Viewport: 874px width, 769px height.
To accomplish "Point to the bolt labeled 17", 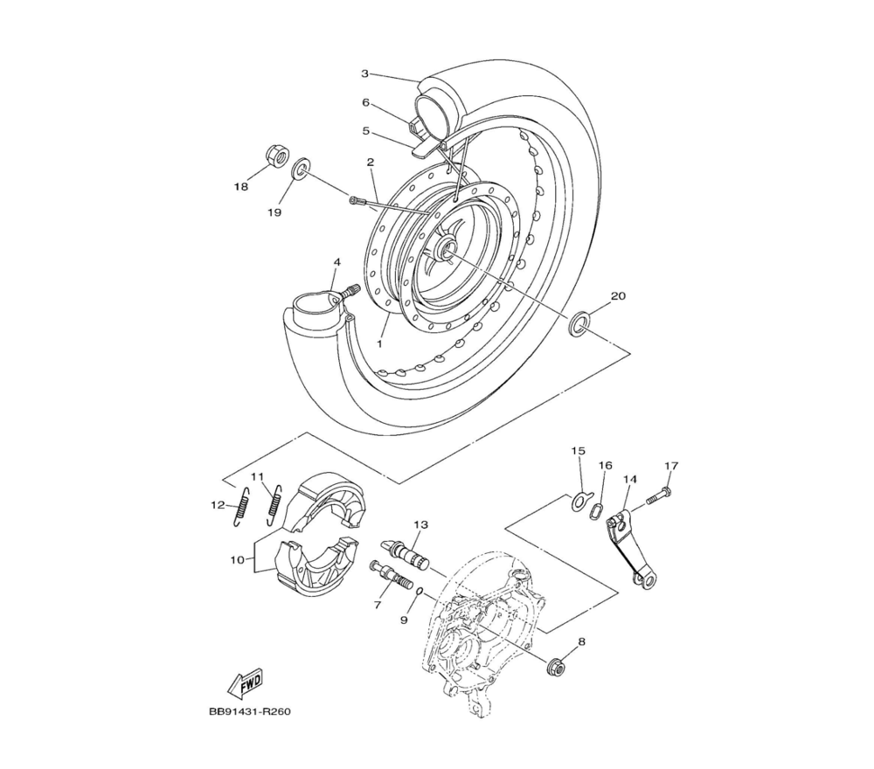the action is click(x=659, y=496).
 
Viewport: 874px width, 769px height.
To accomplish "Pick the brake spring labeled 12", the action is click(x=240, y=505).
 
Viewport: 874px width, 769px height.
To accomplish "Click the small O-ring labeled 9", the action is click(x=421, y=592).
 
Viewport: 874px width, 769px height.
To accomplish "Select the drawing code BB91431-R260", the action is click(x=250, y=711).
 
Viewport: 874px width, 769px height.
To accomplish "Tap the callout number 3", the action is click(x=364, y=73).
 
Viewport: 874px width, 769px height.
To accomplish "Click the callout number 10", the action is click(x=238, y=559).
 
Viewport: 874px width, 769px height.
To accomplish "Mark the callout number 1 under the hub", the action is click(x=379, y=343).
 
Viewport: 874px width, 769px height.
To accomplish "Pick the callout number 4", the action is click(x=336, y=261).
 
